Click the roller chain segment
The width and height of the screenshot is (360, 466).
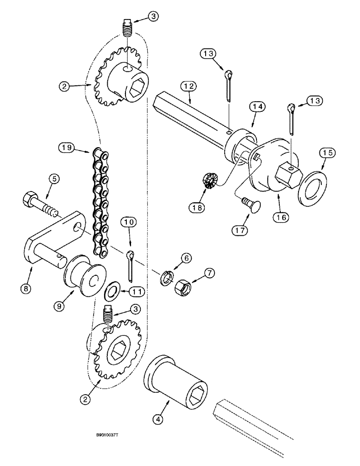tap(100, 200)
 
